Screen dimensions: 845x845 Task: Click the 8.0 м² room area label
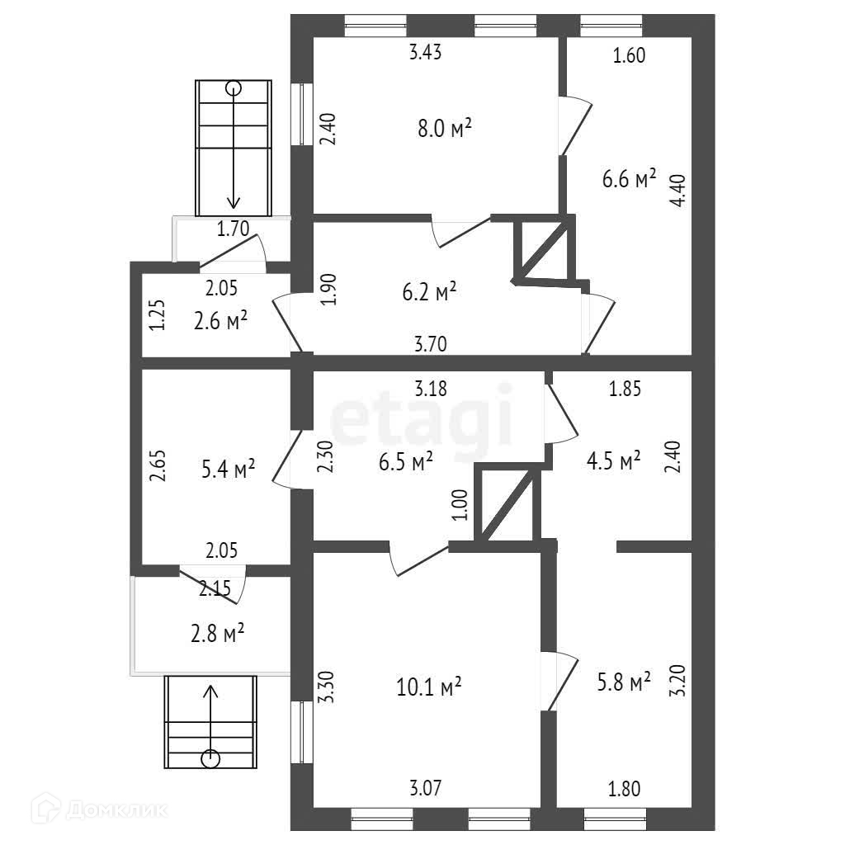tap(444, 128)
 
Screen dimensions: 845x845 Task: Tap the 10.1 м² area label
tap(428, 686)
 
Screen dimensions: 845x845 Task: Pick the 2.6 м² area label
tap(221, 320)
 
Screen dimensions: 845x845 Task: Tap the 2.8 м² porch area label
tap(217, 634)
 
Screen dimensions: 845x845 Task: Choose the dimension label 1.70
tap(233, 229)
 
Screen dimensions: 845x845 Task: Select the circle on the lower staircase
tap(211, 756)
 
